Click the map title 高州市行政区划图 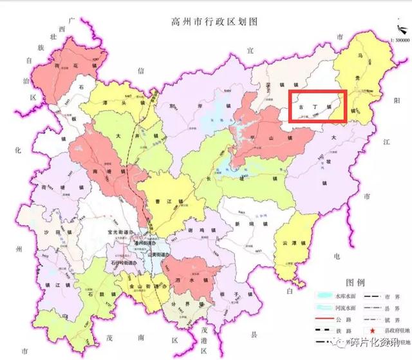pyautogui.click(x=206, y=21)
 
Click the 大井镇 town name pyautogui.click(x=137, y=136)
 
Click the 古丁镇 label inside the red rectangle pyautogui.click(x=316, y=105)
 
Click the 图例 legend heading pyautogui.click(x=355, y=282)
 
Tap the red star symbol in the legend pyautogui.click(x=373, y=329)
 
